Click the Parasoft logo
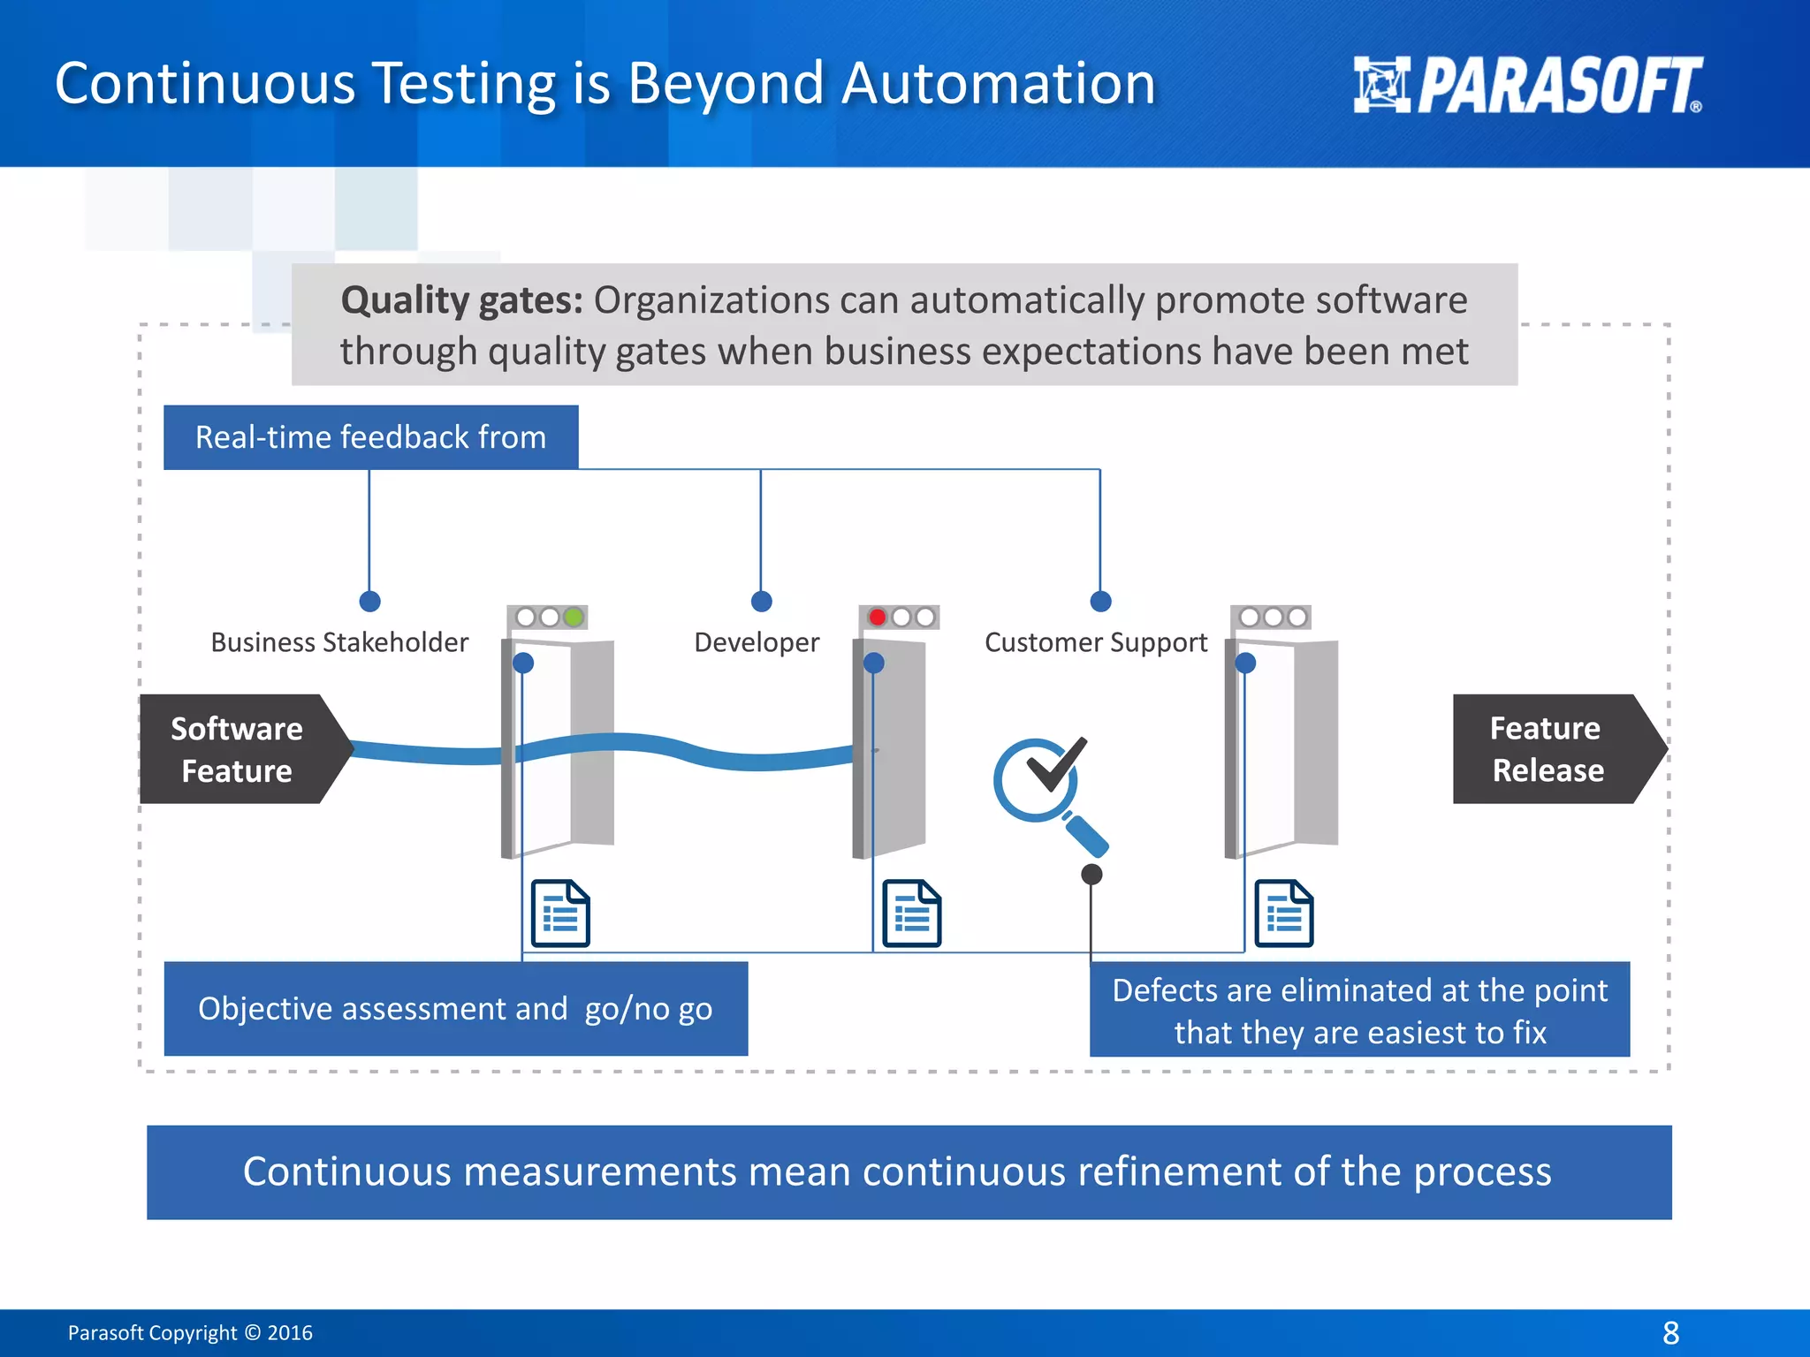(x=1527, y=86)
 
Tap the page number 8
(x=1670, y=1332)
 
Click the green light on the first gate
(x=574, y=617)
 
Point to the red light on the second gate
(x=877, y=617)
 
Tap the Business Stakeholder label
(x=339, y=642)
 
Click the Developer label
(x=757, y=642)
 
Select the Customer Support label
(x=1096, y=642)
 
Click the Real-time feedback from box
(x=370, y=437)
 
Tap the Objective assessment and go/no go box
(x=455, y=1009)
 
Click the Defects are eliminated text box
(x=1359, y=1011)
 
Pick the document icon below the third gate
(x=1284, y=914)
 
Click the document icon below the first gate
(x=560, y=914)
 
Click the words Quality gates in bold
(x=461, y=300)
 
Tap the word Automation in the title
(x=998, y=84)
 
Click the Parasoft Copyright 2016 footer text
(x=190, y=1332)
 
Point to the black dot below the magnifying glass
(x=1091, y=875)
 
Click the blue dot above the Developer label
(x=761, y=602)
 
